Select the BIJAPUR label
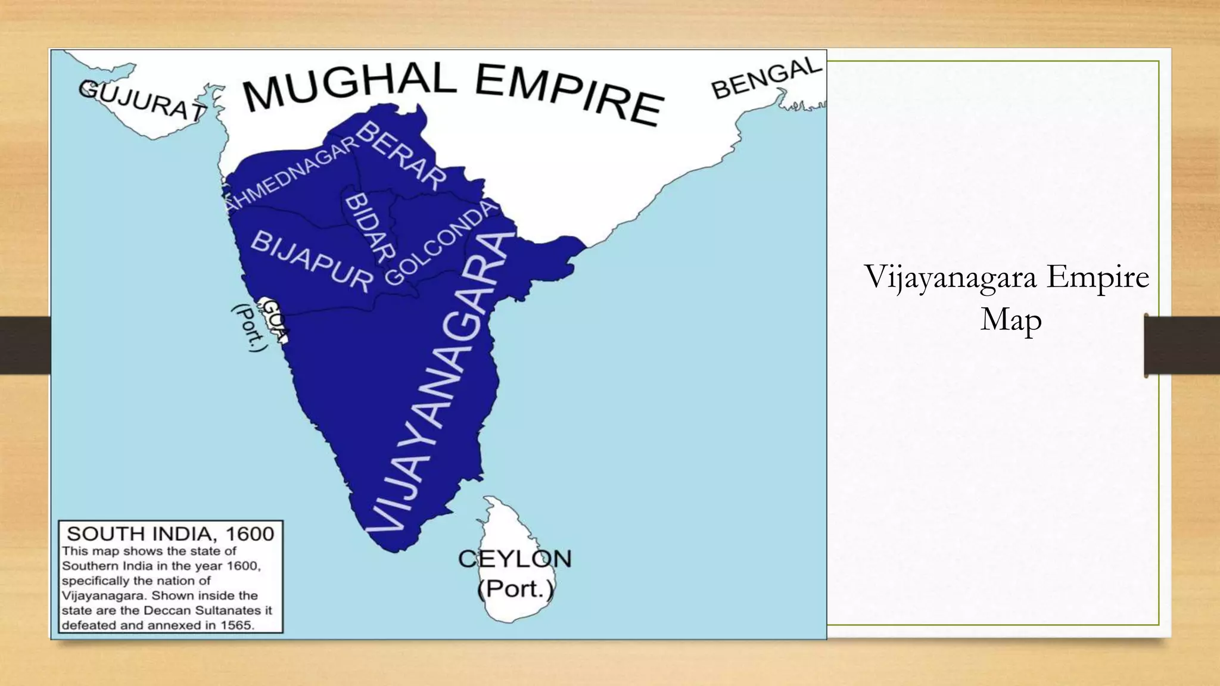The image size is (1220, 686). [312, 261]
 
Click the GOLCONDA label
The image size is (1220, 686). [441, 242]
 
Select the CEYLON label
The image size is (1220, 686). [515, 559]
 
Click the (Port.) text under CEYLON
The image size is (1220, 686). [515, 589]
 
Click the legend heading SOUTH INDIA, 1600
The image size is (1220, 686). [170, 534]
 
